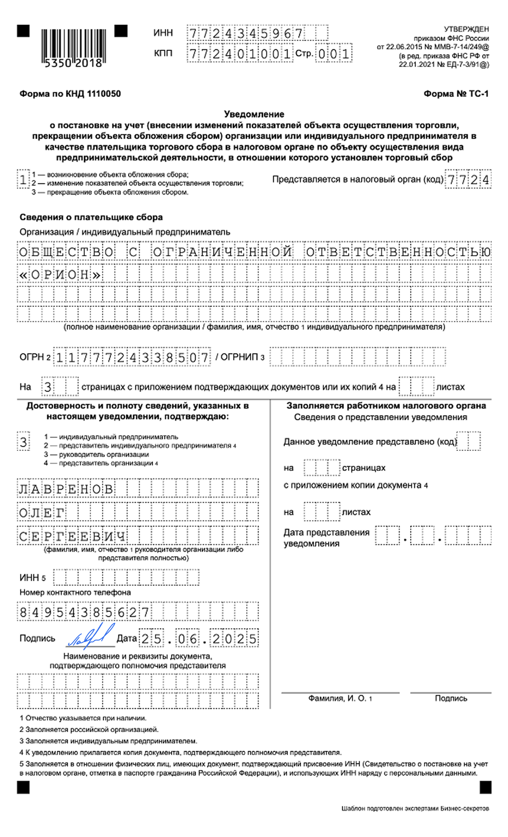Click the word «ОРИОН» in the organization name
click(60, 275)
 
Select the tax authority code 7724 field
click(468, 180)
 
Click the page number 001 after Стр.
click(334, 54)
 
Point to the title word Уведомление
click(254, 114)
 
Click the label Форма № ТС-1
click(456, 94)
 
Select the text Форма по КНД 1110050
click(70, 94)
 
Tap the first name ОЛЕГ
click(42, 513)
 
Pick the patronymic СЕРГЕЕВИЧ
click(72, 537)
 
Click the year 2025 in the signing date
click(235, 639)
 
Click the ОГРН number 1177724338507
click(132, 357)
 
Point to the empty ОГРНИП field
click(357, 357)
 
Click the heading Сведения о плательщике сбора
click(91, 217)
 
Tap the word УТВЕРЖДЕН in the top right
click(466, 29)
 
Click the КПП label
click(163, 53)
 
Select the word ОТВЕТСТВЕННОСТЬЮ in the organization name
click(398, 252)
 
